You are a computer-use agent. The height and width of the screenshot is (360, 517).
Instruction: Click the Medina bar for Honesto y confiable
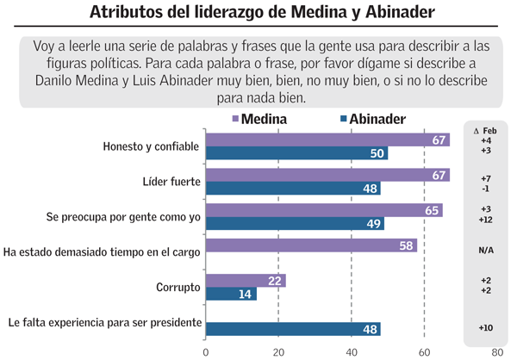coord(327,140)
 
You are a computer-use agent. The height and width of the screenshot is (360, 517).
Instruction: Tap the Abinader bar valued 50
coord(296,153)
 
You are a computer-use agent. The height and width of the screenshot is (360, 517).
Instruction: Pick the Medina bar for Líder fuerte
coord(327,176)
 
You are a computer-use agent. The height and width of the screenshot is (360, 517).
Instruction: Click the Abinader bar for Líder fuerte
coord(293,189)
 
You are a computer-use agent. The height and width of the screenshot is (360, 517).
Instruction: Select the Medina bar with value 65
coord(324,210)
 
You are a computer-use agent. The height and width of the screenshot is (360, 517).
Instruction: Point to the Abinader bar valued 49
coord(295,223)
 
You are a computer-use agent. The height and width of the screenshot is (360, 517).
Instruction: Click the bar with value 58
coord(311,245)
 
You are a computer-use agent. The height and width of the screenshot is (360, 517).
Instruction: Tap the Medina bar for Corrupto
coord(246,281)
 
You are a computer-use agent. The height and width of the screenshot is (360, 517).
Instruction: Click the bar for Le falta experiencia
coord(293,328)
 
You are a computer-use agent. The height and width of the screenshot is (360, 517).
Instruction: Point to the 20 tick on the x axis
coord(278,351)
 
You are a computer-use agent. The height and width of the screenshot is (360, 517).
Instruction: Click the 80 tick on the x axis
coord(497,351)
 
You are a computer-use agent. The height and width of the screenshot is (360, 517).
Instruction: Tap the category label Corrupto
coord(178,287)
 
